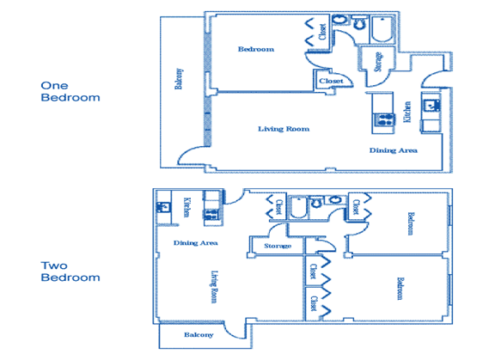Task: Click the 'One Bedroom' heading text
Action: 70,91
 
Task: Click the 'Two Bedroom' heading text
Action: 70,272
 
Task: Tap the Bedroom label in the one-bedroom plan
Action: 256,49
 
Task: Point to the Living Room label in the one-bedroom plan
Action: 284,129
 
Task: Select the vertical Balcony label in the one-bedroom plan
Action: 179,79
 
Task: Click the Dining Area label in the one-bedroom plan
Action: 394,150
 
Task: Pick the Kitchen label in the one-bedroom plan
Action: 407,112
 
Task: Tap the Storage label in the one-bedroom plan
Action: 378,62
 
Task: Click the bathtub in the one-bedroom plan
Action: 382,29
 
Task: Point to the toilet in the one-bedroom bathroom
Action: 359,23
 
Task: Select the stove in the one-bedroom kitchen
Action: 383,119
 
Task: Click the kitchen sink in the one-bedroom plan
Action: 431,105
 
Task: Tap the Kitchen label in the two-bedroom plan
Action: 186,207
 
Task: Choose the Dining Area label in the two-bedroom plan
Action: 196,243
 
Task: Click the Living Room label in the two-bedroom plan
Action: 214,287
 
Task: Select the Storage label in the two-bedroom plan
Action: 278,246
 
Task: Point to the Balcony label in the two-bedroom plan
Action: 199,335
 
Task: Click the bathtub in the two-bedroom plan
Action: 298,207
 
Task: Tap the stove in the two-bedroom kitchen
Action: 211,215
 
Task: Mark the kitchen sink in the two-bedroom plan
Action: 163,207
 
